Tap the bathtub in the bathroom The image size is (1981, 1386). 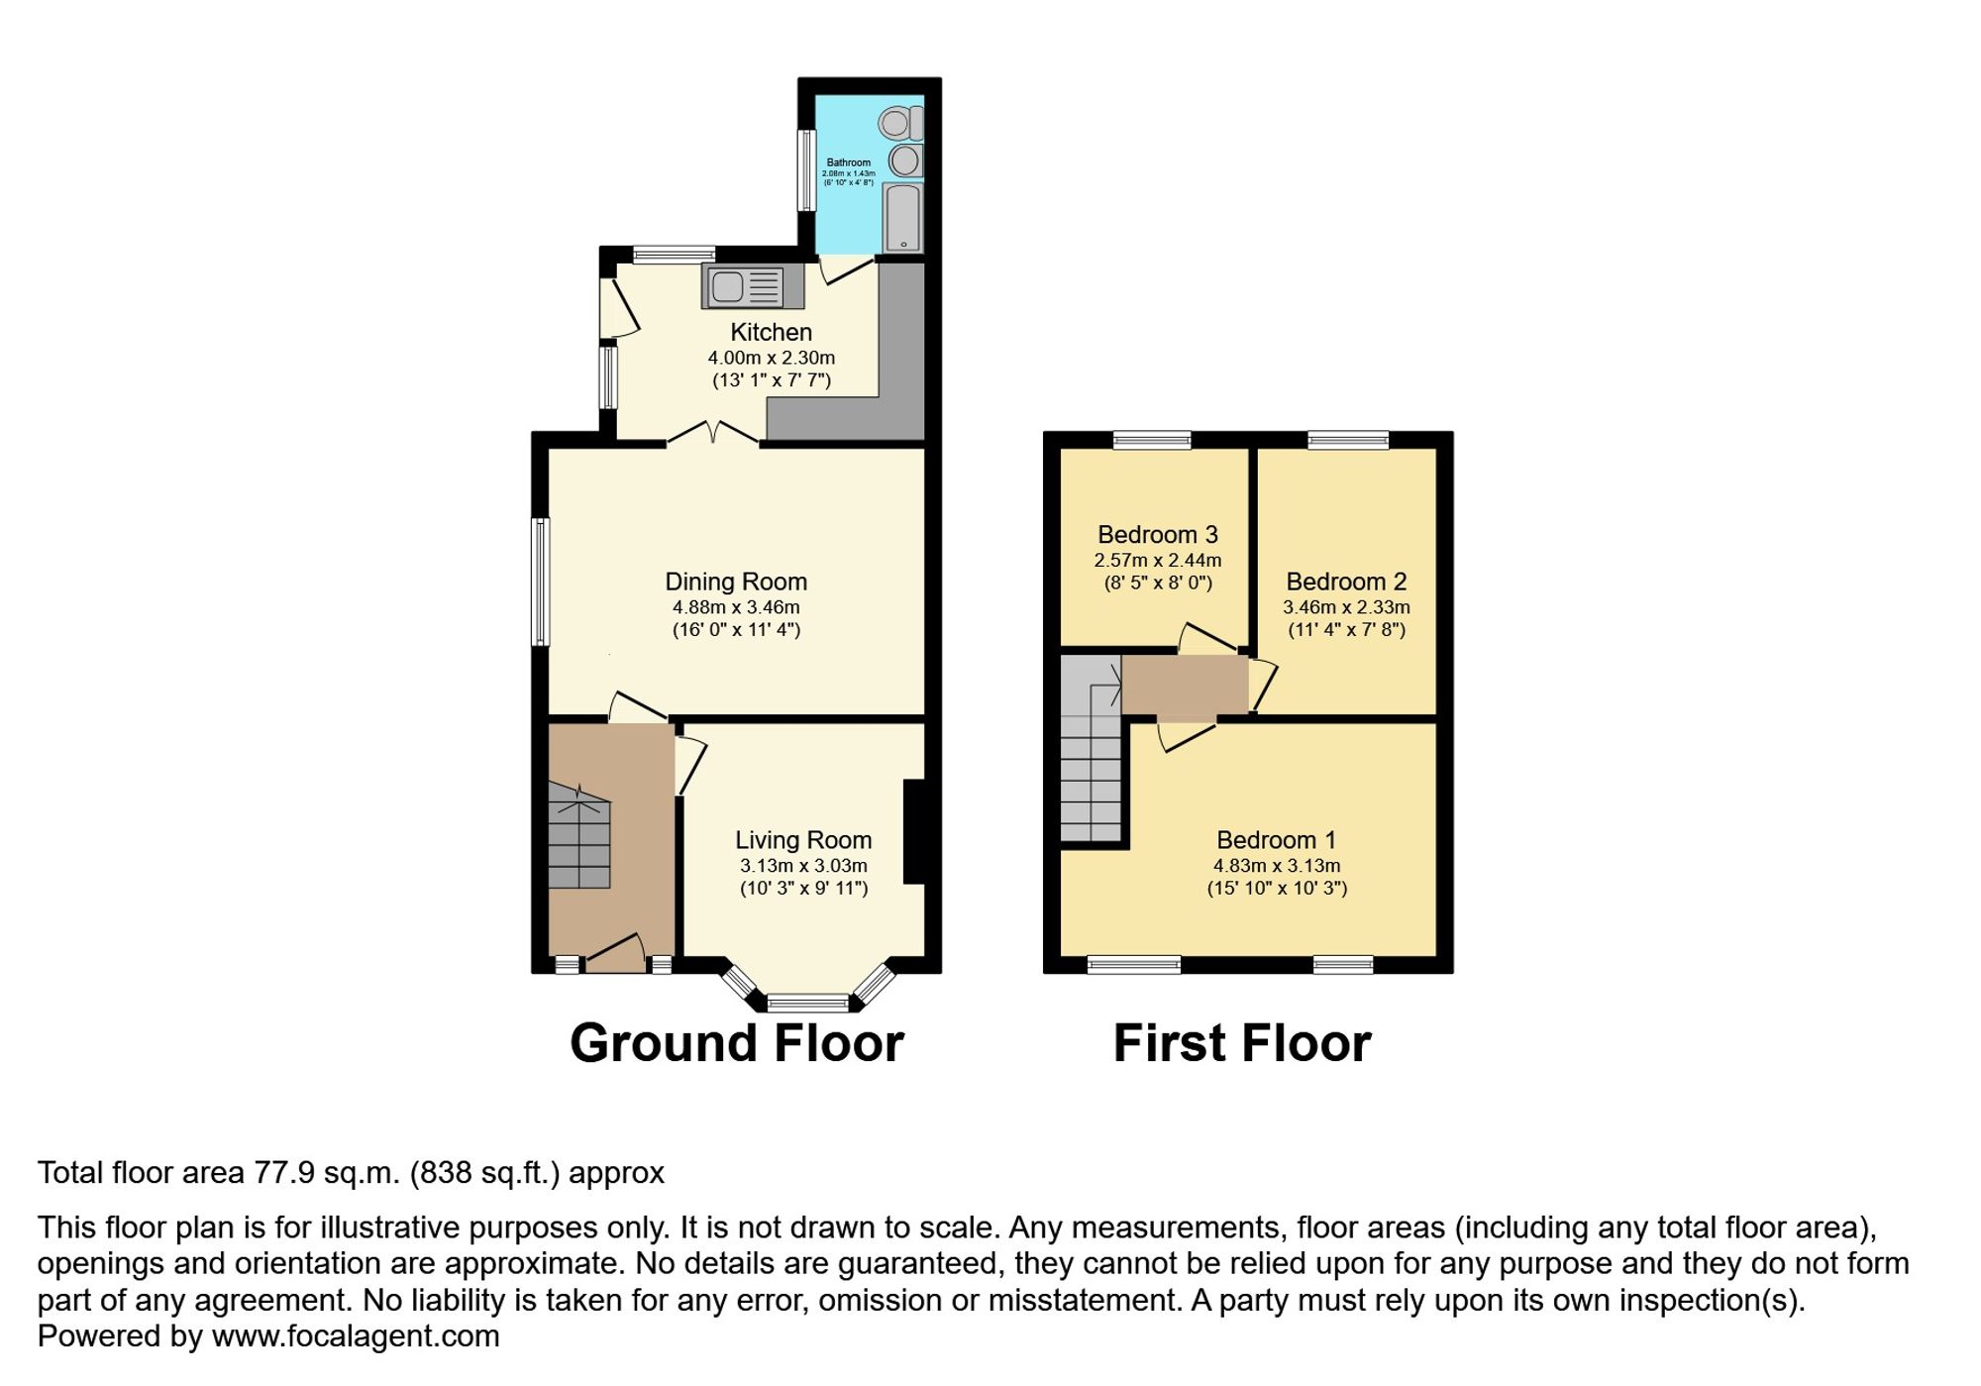click(x=902, y=217)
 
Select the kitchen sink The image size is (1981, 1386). click(x=741, y=287)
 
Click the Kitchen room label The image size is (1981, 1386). click(x=771, y=332)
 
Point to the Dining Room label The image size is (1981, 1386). click(x=736, y=582)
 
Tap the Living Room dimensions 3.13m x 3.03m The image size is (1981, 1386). click(x=803, y=866)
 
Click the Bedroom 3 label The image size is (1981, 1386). click(x=1157, y=535)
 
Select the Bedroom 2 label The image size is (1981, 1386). click(x=1346, y=582)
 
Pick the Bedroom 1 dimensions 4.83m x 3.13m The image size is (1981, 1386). click(x=1277, y=866)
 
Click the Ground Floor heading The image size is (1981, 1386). click(x=737, y=1043)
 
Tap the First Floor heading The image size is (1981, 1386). click(x=1242, y=1043)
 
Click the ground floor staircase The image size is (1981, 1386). click(x=579, y=837)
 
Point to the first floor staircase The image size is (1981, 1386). click(x=1092, y=763)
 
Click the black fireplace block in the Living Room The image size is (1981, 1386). click(x=914, y=831)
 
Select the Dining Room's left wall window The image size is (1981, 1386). click(x=541, y=582)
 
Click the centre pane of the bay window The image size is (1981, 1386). click(x=808, y=1003)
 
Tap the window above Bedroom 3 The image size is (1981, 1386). click(x=1152, y=440)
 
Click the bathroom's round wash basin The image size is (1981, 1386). click(x=904, y=160)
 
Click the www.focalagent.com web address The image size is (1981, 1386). click(x=356, y=1336)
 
